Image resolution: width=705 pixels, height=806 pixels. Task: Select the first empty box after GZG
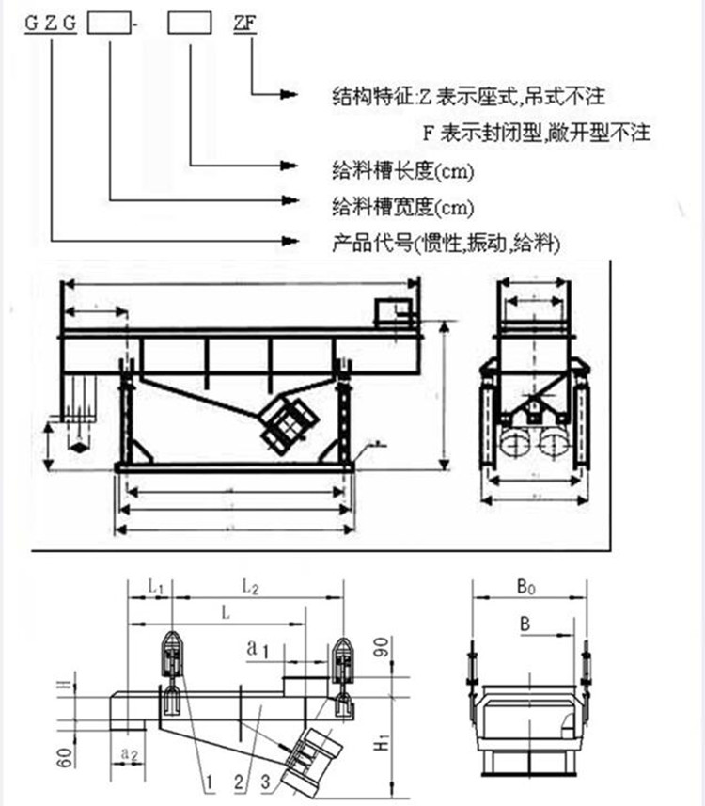click(110, 25)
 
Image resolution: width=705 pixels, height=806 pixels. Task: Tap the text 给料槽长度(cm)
click(403, 169)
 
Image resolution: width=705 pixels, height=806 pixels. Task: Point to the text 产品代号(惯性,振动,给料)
click(446, 244)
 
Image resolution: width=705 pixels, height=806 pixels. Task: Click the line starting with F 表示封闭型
click(537, 132)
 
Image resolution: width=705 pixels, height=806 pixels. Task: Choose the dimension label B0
click(526, 588)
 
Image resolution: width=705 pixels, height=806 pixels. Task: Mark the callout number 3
click(266, 780)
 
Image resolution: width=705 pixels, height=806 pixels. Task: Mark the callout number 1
click(212, 780)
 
